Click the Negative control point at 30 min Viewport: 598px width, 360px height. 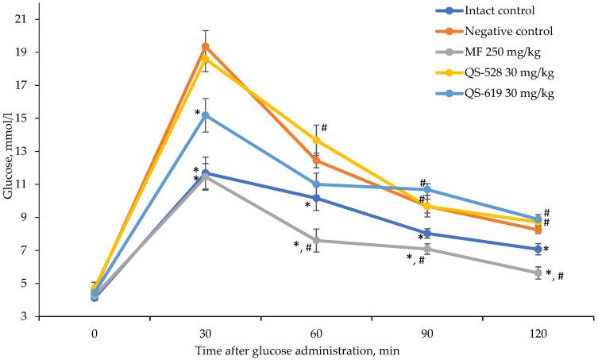point(205,46)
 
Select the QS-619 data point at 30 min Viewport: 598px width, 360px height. point(205,115)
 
